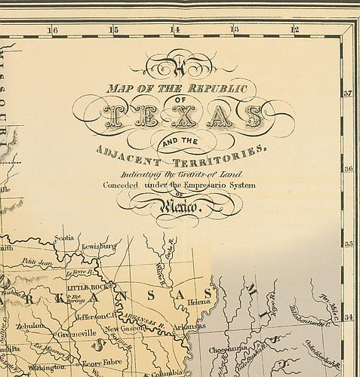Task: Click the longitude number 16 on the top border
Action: click(x=52, y=30)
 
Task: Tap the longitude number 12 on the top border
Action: click(x=295, y=30)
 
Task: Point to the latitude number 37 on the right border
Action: click(x=349, y=94)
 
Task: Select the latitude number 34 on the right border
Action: click(x=349, y=317)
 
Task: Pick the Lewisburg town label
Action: click(x=99, y=246)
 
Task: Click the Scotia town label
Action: click(x=64, y=238)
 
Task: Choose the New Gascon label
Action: click(x=123, y=329)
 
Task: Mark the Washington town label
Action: click(x=47, y=367)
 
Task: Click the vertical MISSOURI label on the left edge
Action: click(x=9, y=98)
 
